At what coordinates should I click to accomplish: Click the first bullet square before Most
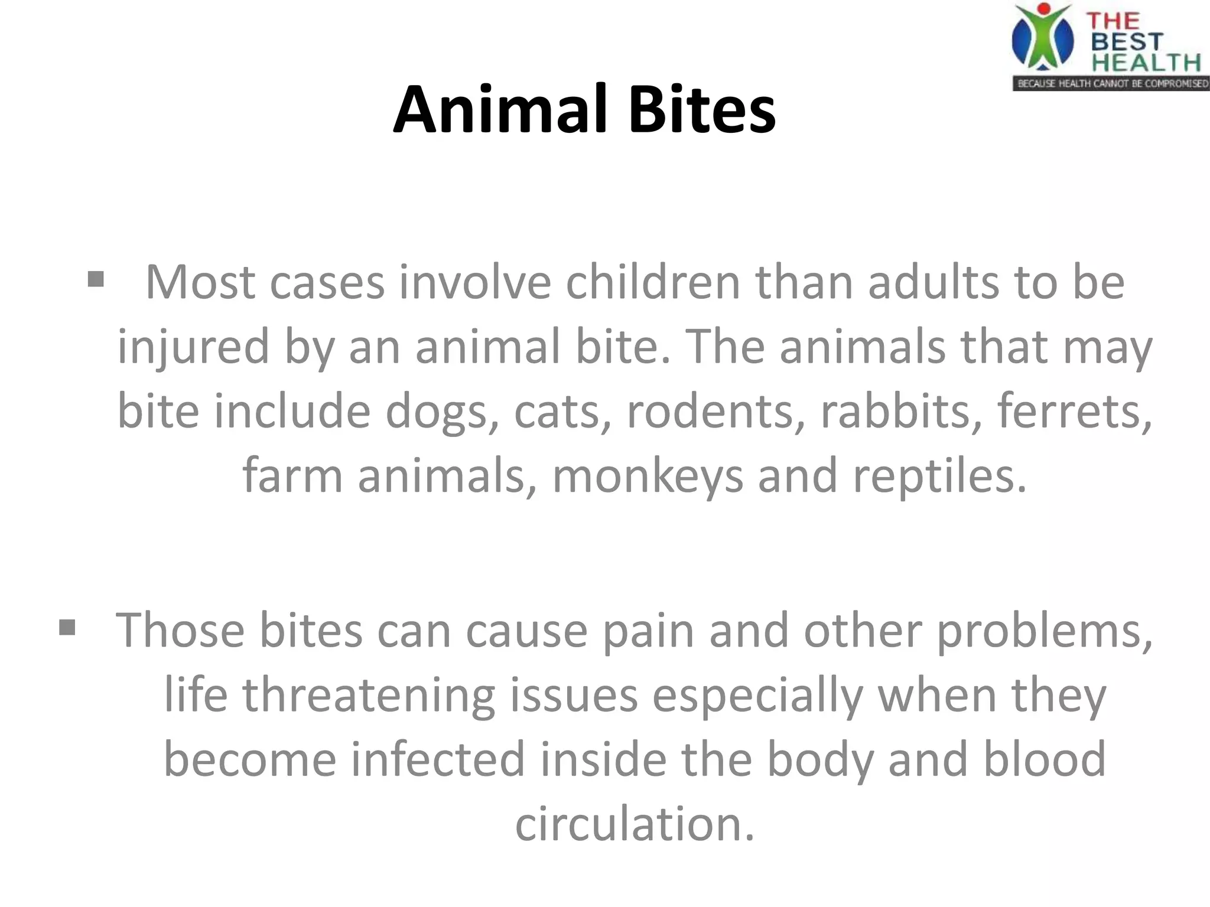(96, 279)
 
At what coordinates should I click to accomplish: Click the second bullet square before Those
(67, 627)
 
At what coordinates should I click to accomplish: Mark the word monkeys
(648, 476)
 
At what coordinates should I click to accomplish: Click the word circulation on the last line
(635, 823)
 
